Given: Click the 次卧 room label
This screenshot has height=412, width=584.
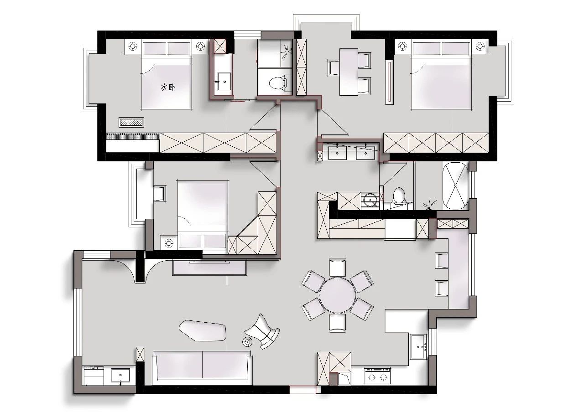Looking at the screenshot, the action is click(x=168, y=87).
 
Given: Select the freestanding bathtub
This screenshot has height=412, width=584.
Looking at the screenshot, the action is click(x=455, y=185).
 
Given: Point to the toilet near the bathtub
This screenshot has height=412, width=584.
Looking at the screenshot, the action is click(x=399, y=195).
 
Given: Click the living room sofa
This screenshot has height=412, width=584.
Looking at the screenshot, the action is click(x=202, y=367).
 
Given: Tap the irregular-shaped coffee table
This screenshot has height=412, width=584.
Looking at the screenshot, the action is click(x=202, y=330).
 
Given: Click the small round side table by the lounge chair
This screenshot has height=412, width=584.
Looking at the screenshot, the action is click(x=247, y=342).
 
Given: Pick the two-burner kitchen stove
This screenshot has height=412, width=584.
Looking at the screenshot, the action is click(x=377, y=376).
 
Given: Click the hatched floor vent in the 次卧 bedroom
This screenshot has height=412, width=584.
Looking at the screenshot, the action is click(x=131, y=123).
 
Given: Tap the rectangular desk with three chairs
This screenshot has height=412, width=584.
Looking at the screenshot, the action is click(x=349, y=72).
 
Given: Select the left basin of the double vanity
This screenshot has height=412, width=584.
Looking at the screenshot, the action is click(x=337, y=153).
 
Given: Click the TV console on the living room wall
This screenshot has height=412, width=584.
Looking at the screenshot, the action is click(x=209, y=268).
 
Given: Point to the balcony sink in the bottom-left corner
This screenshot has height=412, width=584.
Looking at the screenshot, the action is click(x=120, y=375).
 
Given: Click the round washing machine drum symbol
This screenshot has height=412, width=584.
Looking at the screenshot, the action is click(x=369, y=200).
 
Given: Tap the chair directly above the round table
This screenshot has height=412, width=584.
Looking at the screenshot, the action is click(x=338, y=268).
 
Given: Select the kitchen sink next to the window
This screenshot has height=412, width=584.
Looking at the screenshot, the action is click(x=419, y=346).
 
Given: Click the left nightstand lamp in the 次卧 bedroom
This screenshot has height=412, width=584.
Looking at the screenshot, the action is click(x=133, y=46).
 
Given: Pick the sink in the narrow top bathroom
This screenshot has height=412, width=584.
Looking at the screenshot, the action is click(x=224, y=81).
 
